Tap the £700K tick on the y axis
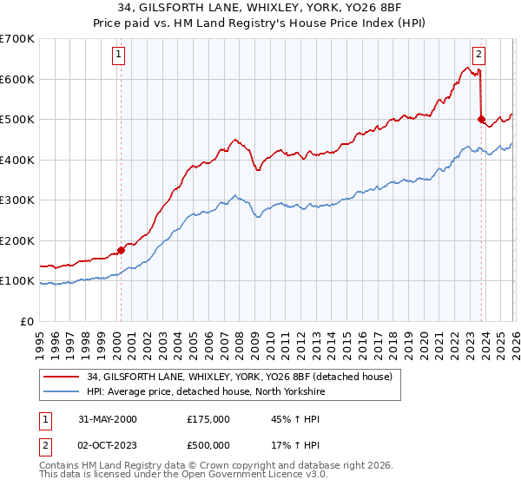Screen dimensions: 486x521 pyautogui.click(x=17, y=39)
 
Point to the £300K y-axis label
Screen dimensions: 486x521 pyautogui.click(x=17, y=200)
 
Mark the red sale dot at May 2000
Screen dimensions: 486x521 pyautogui.click(x=121, y=250)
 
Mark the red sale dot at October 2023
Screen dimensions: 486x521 pyautogui.click(x=481, y=120)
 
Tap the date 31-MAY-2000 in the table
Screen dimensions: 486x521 pyautogui.click(x=108, y=419)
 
